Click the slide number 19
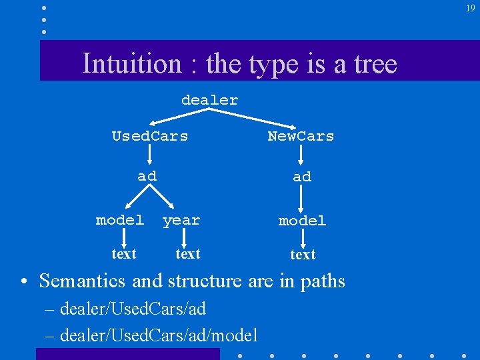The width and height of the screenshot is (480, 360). pyautogui.click(x=471, y=8)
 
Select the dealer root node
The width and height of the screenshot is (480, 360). pyautogui.click(x=209, y=100)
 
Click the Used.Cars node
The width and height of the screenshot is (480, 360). pyautogui.click(x=150, y=136)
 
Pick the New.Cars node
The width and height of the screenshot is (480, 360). pyautogui.click(x=301, y=136)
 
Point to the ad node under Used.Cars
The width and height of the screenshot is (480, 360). pyautogui.click(x=147, y=176)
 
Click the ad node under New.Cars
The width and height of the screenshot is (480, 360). pyautogui.click(x=302, y=177)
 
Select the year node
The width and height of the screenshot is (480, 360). pyautogui.click(x=181, y=220)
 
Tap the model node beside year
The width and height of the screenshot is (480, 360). pyautogui.click(x=120, y=219)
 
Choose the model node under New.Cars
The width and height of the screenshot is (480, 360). pyautogui.click(x=302, y=220)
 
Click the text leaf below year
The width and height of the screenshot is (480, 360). pyautogui.click(x=187, y=253)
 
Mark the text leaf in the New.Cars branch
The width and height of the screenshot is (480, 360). pyautogui.click(x=303, y=254)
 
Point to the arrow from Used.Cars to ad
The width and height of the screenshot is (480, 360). pyautogui.click(x=149, y=156)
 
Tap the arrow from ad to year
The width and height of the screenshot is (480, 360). pyautogui.click(x=163, y=198)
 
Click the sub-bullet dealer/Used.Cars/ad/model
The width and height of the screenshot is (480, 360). pyautogui.click(x=159, y=335)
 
